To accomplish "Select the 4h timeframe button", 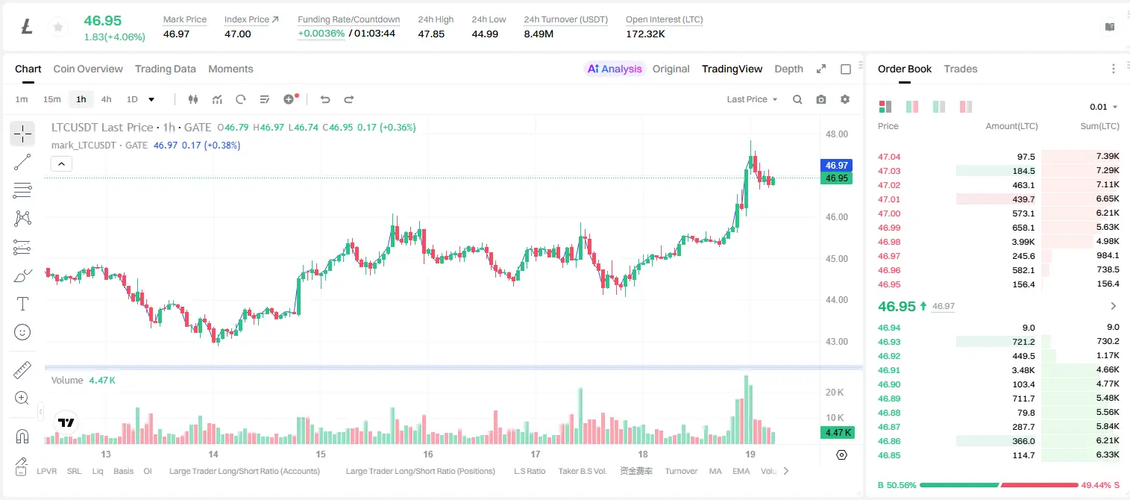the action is tap(106, 99).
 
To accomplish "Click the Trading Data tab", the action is tap(165, 69).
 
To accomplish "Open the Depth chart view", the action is tap(788, 69).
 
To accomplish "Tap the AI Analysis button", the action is tap(615, 69).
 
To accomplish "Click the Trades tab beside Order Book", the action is tap(961, 69).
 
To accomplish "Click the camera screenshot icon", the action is tap(821, 99).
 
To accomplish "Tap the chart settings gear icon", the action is tap(845, 99).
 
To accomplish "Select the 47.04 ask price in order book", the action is tap(889, 157).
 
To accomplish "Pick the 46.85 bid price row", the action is tap(889, 455).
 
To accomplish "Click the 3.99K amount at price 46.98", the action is tap(1023, 242).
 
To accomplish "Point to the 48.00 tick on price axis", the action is tap(837, 134).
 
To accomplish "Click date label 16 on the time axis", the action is tap(428, 454).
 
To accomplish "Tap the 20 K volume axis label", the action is tap(835, 393).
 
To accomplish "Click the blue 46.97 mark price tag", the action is tap(836, 165).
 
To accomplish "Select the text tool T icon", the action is tap(22, 304).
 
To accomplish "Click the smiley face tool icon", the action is tap(22, 332).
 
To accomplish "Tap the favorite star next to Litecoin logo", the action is tap(58, 27).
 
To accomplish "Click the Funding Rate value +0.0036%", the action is tap(321, 34).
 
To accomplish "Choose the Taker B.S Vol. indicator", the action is tap(582, 471).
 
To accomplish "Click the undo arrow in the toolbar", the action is tap(325, 99).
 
